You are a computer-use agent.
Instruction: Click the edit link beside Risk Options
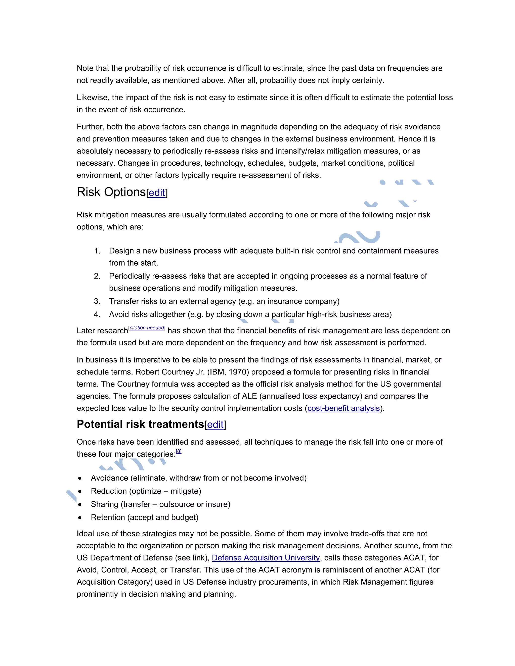click(x=157, y=193)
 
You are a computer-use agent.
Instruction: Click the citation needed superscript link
click(x=147, y=328)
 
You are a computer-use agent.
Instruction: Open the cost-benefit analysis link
click(x=343, y=408)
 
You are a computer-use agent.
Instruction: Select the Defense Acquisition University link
click(x=266, y=558)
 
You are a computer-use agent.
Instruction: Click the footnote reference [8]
click(x=179, y=451)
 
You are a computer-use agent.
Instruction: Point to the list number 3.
click(x=97, y=301)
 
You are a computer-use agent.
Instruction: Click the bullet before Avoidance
click(x=80, y=478)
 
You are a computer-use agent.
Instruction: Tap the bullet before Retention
click(x=80, y=517)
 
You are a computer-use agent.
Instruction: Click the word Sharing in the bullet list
click(x=104, y=504)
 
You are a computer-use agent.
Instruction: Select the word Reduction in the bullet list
click(x=109, y=491)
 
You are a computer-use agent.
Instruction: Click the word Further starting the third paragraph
click(x=90, y=127)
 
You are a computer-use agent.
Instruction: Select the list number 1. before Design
click(x=97, y=251)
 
